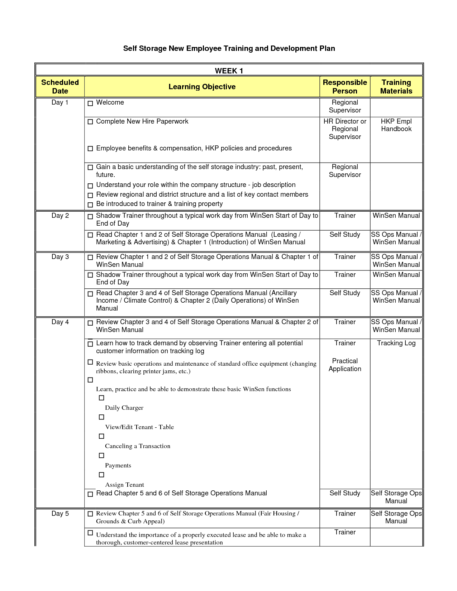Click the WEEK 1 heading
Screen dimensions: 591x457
229,71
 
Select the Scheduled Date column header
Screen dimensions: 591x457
60,87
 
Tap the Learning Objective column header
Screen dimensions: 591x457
202,87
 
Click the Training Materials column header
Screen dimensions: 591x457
396,87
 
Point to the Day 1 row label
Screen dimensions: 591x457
60,102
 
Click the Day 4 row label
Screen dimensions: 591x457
60,322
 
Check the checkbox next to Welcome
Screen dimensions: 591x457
90,103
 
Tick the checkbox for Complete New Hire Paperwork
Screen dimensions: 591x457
90,122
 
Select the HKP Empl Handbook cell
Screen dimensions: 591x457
396,125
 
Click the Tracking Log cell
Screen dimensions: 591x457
396,343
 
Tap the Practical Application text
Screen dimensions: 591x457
345,365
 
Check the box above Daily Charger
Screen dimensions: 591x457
101,398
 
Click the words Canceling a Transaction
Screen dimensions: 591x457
138,446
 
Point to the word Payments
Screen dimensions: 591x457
118,466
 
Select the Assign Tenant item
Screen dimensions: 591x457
124,485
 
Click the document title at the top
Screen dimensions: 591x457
229,48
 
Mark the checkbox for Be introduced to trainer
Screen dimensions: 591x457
90,205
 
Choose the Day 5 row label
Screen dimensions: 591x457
60,514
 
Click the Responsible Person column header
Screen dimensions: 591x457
345,87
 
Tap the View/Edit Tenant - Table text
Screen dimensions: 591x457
139,427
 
